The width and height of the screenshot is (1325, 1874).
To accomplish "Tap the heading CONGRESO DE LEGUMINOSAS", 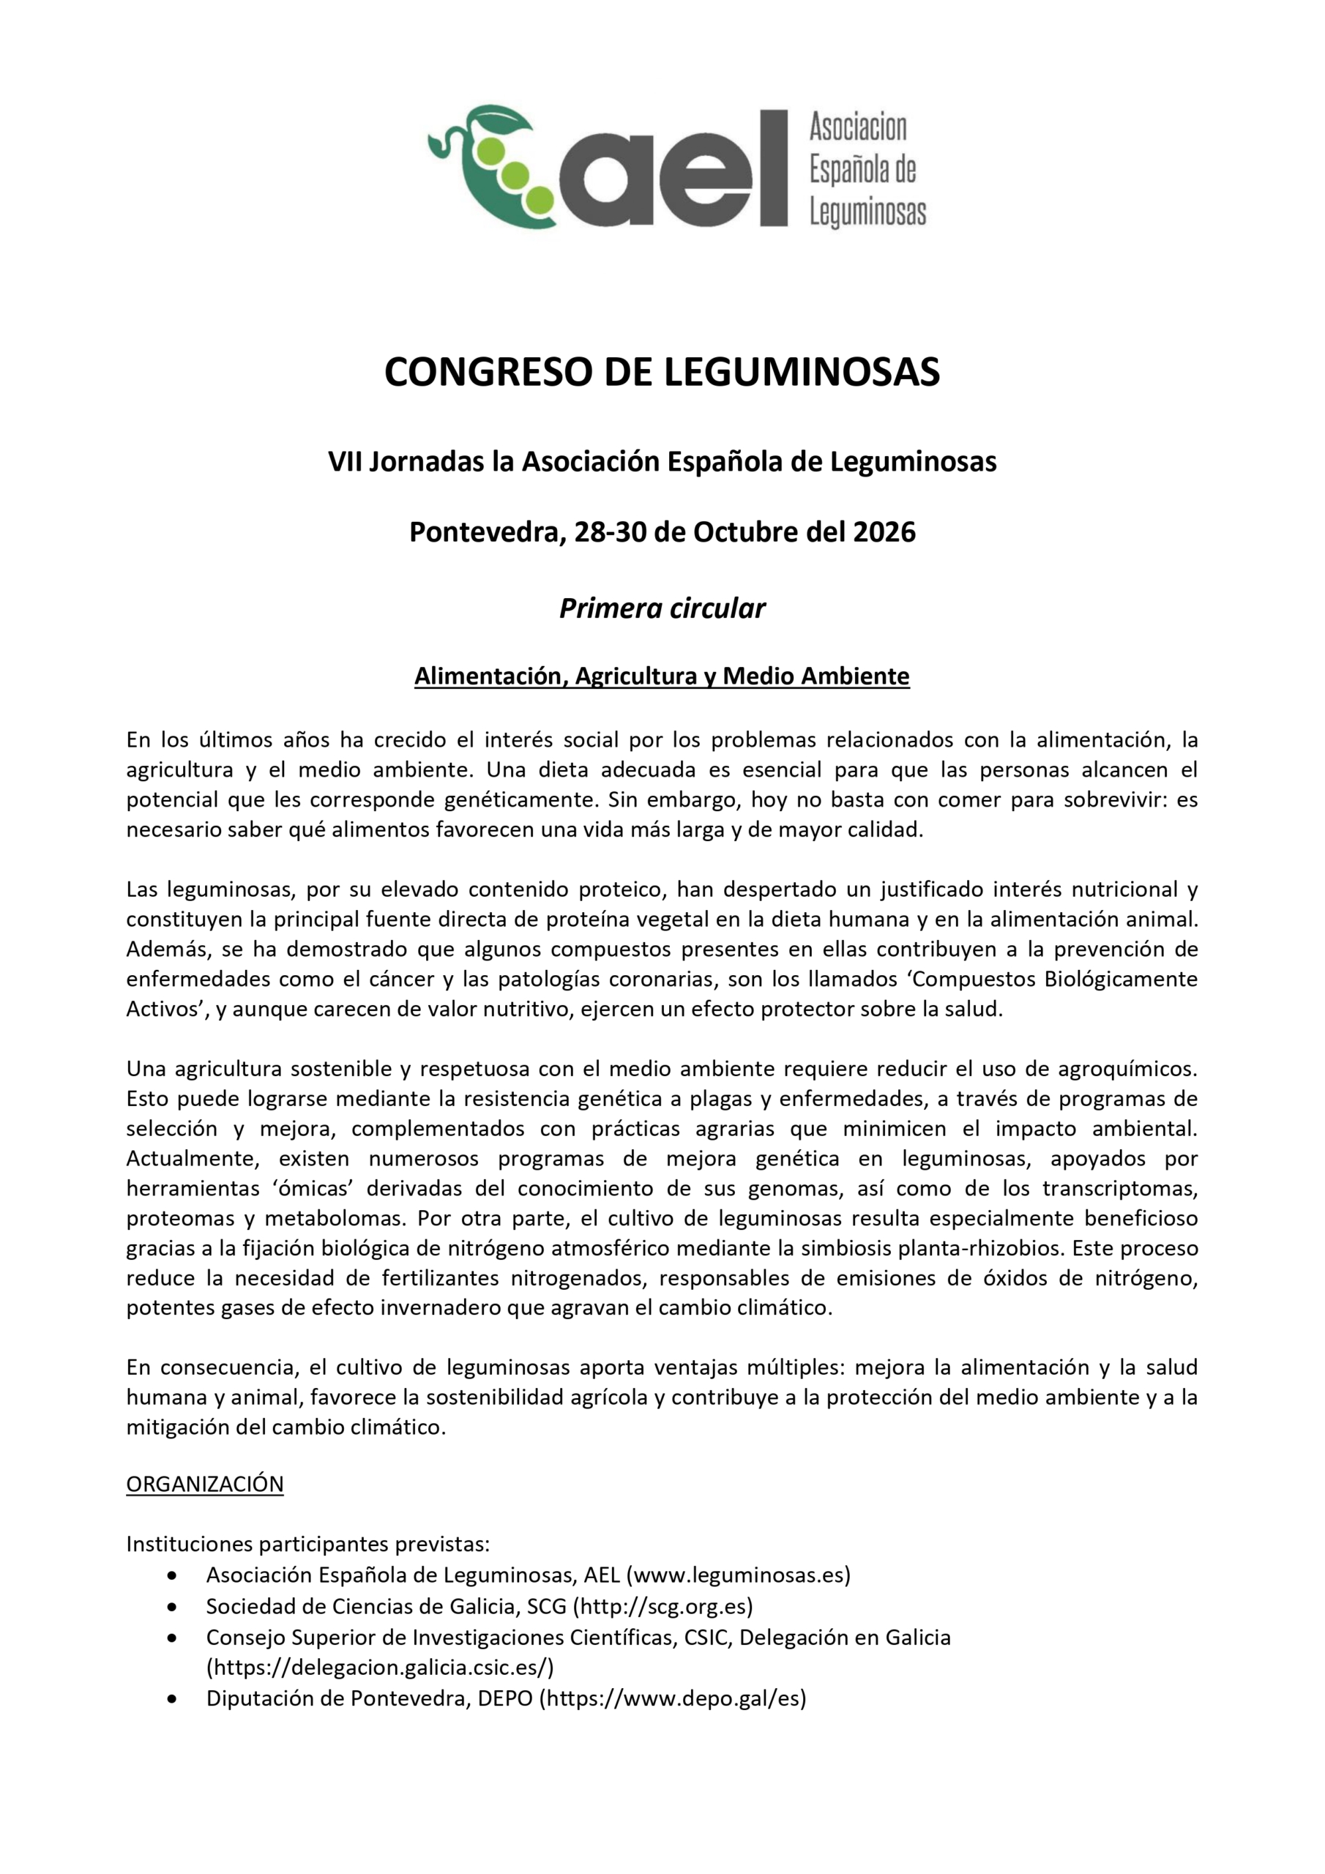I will click(x=662, y=372).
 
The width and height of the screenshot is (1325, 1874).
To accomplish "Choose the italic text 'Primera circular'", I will click(x=662, y=608).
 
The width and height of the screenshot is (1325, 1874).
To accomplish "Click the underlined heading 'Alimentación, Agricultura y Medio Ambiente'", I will click(x=662, y=676).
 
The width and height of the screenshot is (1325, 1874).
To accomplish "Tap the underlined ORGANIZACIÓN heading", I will click(x=205, y=1484).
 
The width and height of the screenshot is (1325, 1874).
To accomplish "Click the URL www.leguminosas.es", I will click(x=738, y=1575).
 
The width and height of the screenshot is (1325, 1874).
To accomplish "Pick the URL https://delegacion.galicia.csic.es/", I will click(x=380, y=1667).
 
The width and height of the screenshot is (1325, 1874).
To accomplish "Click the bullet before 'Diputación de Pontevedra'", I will click(x=171, y=1698).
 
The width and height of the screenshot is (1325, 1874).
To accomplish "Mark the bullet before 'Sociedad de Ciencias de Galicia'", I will click(x=171, y=1606).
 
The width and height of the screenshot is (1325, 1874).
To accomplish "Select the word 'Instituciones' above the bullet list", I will click(x=190, y=1545).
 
